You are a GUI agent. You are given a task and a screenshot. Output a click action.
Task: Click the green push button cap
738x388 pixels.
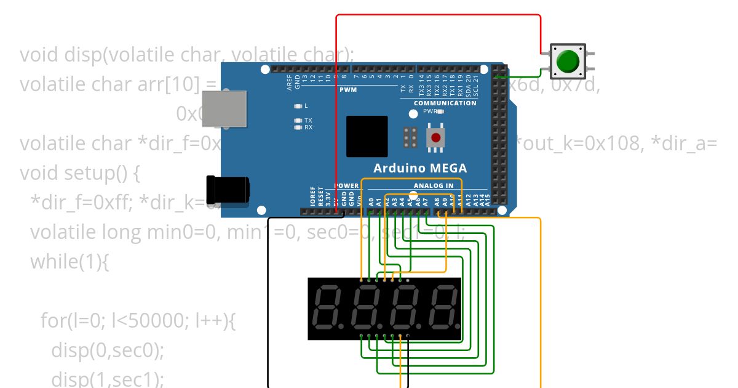click(x=567, y=61)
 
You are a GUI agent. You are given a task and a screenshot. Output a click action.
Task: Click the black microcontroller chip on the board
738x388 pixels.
click(x=367, y=136)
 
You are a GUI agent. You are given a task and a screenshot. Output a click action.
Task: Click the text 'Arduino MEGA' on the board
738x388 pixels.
click(x=420, y=168)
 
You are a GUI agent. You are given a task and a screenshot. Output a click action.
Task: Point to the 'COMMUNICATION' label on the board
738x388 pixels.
click(x=445, y=103)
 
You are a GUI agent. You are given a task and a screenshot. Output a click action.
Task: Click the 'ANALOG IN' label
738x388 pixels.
click(x=434, y=185)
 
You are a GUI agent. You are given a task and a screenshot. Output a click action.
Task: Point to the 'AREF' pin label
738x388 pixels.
click(x=290, y=84)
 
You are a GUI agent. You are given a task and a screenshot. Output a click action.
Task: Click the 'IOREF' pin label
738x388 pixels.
click(x=312, y=196)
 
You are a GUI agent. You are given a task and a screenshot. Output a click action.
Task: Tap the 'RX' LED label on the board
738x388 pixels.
click(x=308, y=127)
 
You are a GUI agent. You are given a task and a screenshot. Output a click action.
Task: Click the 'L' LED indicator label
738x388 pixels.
click(x=306, y=106)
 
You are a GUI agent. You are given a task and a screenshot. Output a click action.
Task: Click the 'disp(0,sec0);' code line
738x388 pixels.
click(x=108, y=350)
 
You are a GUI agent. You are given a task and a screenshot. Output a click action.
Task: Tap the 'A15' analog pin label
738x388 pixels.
click(x=488, y=198)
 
